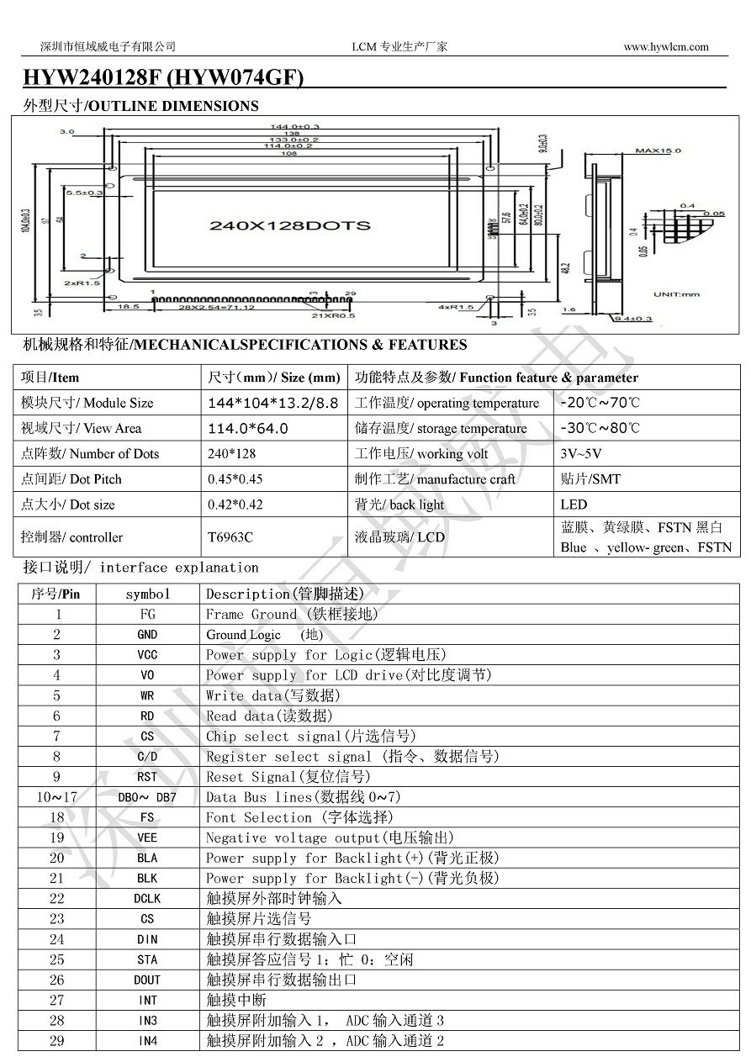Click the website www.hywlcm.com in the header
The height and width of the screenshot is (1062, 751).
(x=665, y=47)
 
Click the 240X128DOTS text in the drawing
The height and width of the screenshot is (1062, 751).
(x=289, y=225)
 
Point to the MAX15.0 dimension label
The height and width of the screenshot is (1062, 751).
(x=658, y=151)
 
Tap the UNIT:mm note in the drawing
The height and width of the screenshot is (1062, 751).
(x=677, y=293)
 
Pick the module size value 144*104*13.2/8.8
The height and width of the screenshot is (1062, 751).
(x=273, y=403)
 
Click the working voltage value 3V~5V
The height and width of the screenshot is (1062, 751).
(x=580, y=454)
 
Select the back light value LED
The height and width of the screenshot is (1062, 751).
(x=574, y=505)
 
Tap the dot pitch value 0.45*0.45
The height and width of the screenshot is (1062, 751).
(x=235, y=479)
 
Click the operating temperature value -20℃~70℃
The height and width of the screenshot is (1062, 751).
(x=600, y=403)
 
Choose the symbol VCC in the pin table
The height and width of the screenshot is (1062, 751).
(x=147, y=655)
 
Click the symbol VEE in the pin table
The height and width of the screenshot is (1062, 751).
(x=147, y=838)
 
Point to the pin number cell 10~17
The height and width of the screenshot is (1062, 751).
(x=57, y=797)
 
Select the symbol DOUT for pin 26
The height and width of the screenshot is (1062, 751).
(x=147, y=980)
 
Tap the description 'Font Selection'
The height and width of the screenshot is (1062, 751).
(x=258, y=817)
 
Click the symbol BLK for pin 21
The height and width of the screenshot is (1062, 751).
(x=147, y=879)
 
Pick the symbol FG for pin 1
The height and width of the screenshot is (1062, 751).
(x=147, y=615)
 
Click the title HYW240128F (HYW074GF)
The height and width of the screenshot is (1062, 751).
(x=163, y=78)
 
